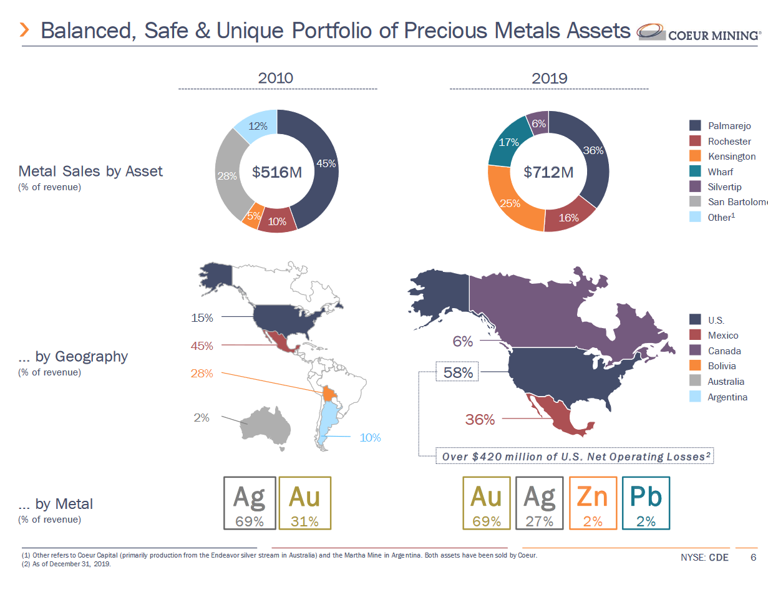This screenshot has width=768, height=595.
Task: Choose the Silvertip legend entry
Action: [x=724, y=187]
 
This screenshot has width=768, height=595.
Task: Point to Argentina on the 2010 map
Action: [x=326, y=424]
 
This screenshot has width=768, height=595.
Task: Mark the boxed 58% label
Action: [x=457, y=373]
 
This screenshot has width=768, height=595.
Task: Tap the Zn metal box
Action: [x=593, y=503]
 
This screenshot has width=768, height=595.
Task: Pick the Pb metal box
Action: [x=646, y=503]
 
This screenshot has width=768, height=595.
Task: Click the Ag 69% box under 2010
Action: [x=249, y=503]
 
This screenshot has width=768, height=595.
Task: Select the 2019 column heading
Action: [x=549, y=79]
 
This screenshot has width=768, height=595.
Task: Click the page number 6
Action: [x=754, y=558]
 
